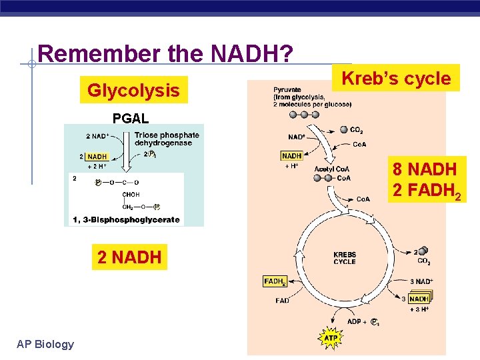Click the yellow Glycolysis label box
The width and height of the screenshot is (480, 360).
(134, 90)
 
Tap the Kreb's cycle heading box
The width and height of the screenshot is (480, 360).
(397, 78)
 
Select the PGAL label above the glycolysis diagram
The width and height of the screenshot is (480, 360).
(131, 119)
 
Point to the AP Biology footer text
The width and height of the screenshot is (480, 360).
(45, 344)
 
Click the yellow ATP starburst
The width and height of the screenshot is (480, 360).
(331, 338)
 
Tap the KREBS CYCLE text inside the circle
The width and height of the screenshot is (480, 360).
(345, 258)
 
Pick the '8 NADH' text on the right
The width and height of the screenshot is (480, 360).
(425, 168)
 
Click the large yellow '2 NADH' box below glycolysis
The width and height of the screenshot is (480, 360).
(129, 257)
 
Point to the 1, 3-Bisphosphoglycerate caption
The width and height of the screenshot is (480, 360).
(125, 219)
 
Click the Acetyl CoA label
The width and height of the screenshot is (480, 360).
(331, 169)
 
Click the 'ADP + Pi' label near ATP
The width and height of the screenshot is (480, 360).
(364, 322)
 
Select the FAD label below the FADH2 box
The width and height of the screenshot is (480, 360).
(283, 300)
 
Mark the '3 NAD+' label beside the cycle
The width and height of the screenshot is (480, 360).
(421, 281)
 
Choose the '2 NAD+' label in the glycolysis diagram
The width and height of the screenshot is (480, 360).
(97, 137)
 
